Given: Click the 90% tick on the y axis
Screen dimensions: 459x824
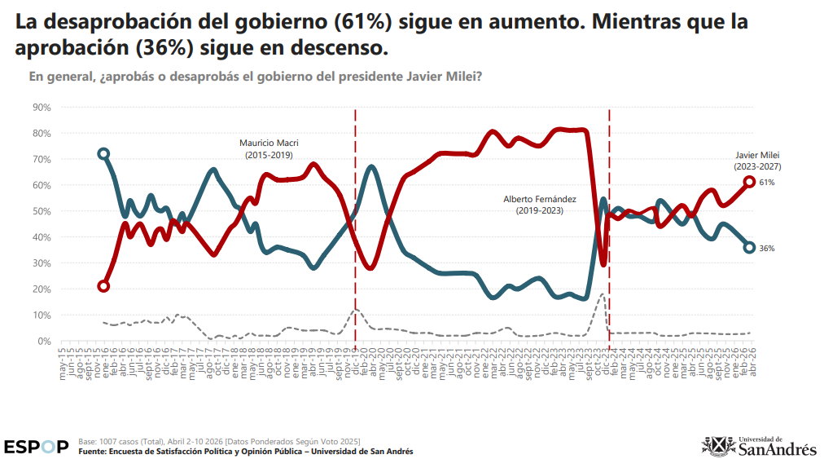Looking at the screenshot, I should click(x=42, y=107).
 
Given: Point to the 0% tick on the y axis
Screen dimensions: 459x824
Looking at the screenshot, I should click(x=44, y=341).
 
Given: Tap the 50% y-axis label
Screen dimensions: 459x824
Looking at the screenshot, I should click(x=42, y=211).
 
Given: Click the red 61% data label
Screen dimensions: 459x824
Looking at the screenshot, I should click(x=767, y=183).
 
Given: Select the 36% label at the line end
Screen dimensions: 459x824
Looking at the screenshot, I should click(x=767, y=248).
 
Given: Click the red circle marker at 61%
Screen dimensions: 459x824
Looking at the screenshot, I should click(x=749, y=182).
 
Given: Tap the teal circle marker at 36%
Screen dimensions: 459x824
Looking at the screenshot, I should click(x=749, y=248).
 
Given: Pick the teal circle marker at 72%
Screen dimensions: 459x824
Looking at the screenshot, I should click(x=103, y=153).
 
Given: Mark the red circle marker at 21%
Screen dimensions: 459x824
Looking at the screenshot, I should click(x=103, y=286).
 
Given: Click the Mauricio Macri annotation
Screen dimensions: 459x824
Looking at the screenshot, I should click(x=269, y=148).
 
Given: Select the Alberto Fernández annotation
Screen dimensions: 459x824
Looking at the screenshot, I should click(x=533, y=205).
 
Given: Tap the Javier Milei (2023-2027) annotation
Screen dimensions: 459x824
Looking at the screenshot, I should click(x=757, y=160).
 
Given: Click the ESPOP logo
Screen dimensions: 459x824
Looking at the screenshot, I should click(x=36, y=447).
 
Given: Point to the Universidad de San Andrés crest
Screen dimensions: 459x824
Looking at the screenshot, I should click(x=717, y=445).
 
